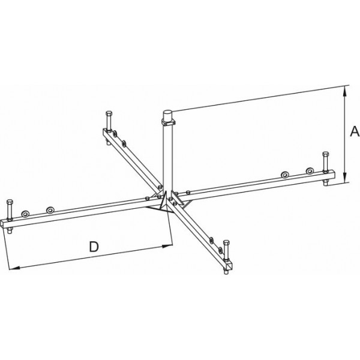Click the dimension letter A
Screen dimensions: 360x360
click(x=355, y=132)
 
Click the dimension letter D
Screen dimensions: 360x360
click(x=94, y=247)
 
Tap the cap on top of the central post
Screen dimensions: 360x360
click(x=168, y=115)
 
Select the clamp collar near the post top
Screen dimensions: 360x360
click(x=168, y=122)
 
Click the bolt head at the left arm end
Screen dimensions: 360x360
click(x=10, y=202)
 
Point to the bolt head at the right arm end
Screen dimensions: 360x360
click(x=325, y=154)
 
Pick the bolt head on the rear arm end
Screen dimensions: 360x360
click(x=109, y=113)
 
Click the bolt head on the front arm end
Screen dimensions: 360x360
click(x=226, y=242)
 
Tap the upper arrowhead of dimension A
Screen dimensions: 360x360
click(x=344, y=91)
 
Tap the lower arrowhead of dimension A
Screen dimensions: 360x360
click(x=344, y=177)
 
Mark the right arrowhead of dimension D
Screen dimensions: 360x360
click(x=167, y=247)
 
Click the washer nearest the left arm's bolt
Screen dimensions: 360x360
click(x=25, y=214)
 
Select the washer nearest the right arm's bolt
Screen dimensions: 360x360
click(x=310, y=170)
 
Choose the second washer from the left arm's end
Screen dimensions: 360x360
click(x=50, y=210)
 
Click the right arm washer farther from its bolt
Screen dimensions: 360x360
click(x=284, y=175)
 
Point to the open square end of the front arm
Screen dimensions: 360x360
click(x=229, y=266)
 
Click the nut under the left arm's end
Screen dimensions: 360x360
click(x=10, y=230)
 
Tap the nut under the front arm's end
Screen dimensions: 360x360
click(x=226, y=272)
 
